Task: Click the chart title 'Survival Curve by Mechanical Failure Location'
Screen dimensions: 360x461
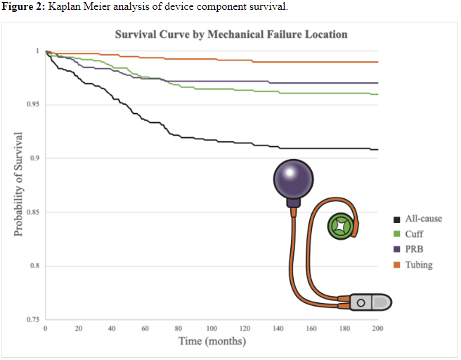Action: tap(231, 34)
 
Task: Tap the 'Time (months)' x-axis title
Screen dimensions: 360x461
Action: tap(212, 342)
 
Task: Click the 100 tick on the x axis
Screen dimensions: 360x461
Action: tap(212, 329)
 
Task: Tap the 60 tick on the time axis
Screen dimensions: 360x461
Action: tap(145, 329)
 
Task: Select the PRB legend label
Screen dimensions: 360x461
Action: tap(413, 249)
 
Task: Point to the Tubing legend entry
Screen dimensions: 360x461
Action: tap(418, 264)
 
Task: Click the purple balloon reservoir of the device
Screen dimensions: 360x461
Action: tap(294, 180)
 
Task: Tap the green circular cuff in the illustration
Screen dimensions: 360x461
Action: tap(342, 226)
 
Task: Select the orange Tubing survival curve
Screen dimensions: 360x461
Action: tap(211, 59)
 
